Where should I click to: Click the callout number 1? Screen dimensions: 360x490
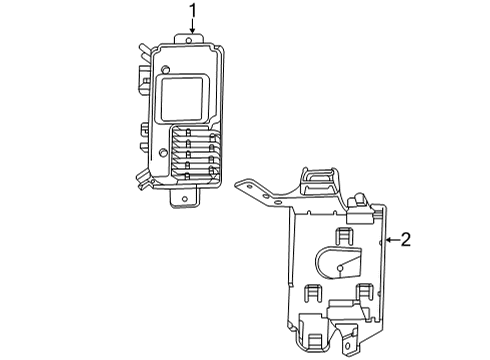193,12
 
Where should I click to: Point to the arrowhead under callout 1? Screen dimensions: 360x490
193,32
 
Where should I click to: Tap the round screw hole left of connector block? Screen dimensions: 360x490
161,152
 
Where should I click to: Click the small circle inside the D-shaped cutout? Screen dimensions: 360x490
340,265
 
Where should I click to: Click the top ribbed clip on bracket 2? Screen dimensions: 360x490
317,179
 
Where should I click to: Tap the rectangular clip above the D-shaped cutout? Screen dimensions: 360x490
343,236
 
